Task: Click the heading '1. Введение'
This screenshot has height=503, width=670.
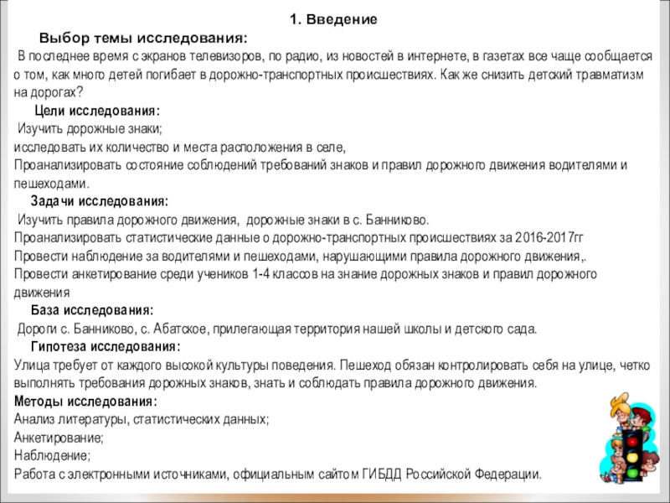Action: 333,19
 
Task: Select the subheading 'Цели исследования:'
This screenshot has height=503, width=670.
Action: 98,111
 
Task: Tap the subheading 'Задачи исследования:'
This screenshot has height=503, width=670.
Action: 100,202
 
